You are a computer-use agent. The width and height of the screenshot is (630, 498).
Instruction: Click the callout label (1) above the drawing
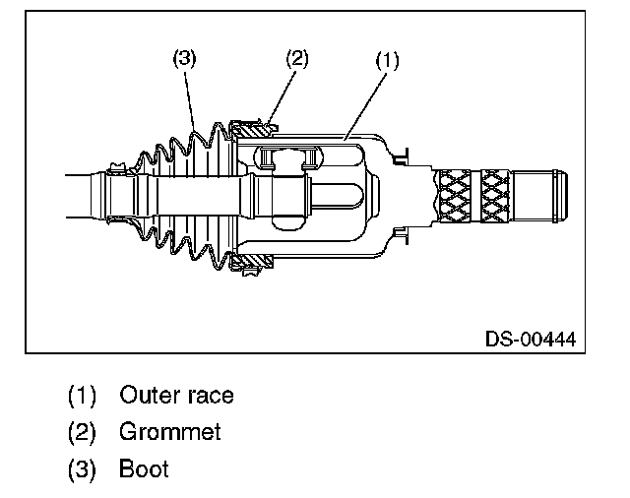387,60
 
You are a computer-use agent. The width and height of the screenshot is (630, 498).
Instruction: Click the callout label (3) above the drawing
185,58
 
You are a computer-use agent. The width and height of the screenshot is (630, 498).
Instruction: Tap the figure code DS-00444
530,340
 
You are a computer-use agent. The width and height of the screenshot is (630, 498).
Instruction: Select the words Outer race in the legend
176,396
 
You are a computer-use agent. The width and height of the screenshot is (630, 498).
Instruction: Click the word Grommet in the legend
170,432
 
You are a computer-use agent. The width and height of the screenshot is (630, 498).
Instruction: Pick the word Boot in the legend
144,468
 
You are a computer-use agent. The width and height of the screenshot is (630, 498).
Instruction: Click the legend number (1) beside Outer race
82,396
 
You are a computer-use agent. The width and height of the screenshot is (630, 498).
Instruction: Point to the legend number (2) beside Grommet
82,432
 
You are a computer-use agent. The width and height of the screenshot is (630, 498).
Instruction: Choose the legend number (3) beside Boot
82,468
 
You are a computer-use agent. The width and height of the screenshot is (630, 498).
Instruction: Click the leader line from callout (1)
364,98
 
